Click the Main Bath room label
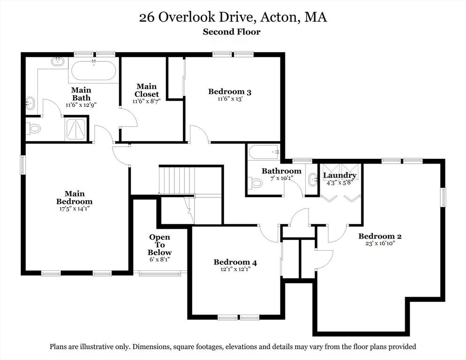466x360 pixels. coord(81,94)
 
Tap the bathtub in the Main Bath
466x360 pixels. coord(94,70)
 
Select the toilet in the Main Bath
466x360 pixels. coord(33,129)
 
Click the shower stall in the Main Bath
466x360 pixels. coord(76,129)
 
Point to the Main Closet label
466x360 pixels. coord(147,90)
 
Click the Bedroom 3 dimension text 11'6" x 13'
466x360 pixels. coord(230,99)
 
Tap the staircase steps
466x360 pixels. coord(177,180)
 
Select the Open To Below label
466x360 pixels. coord(159,245)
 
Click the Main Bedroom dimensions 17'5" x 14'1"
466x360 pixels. coord(74,209)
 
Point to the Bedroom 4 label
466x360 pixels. coord(235,262)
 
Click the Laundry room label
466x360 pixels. coord(340,175)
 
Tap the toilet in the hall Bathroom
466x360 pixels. coord(256,182)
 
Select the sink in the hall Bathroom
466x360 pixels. coord(312,179)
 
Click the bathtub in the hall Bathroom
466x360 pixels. coord(263,152)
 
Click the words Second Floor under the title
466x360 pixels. coord(232,32)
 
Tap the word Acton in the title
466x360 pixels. coord(279,17)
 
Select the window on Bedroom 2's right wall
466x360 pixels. coord(443,197)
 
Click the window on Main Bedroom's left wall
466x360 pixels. coord(23,165)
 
